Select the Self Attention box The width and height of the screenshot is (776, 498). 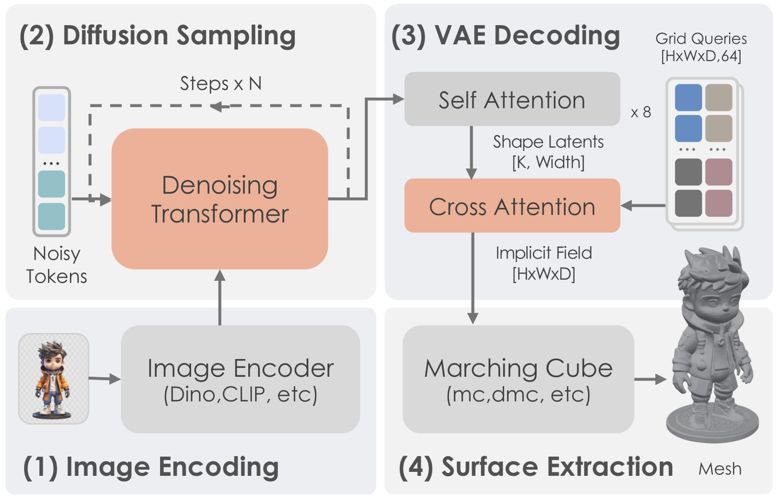(512, 100)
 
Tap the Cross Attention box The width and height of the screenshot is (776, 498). (512, 206)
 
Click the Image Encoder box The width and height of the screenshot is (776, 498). (240, 379)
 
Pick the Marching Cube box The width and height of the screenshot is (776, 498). (518, 379)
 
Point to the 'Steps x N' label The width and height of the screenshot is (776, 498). (220, 84)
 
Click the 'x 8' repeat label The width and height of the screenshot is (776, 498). (641, 112)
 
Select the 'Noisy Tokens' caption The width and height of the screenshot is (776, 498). (57, 265)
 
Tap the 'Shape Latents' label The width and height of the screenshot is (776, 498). (548, 142)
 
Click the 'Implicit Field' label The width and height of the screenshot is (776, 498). (544, 253)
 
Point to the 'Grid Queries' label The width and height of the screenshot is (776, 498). (701, 39)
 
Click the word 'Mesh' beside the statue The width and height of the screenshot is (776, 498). (720, 469)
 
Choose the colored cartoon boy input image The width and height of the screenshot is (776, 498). (53, 378)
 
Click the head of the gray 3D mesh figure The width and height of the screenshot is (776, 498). (711, 286)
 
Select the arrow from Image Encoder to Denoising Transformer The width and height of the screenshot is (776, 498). (220, 298)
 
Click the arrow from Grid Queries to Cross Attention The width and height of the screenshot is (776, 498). (643, 206)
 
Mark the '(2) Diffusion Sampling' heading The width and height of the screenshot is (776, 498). (157, 36)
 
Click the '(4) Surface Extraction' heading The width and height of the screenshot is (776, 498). (535, 467)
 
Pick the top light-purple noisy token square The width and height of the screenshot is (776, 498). (51, 107)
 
